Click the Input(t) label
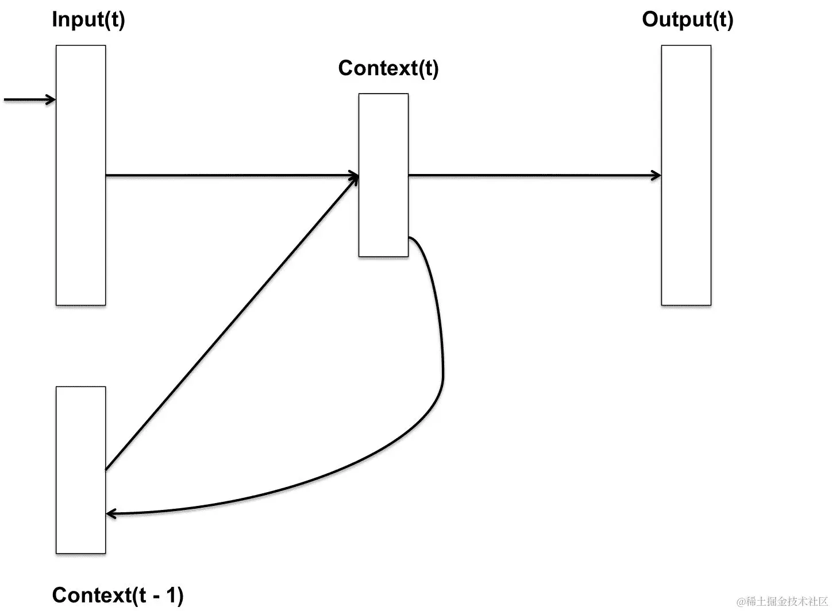tap(88, 20)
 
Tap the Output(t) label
tap(687, 20)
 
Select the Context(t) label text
tap(388, 68)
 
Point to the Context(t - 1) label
tap(118, 595)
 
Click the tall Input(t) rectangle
tap(80, 230)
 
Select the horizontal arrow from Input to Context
tap(230, 175)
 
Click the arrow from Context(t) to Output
tap(534, 175)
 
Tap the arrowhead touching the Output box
tap(656, 175)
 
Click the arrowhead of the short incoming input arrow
tap(52, 100)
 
